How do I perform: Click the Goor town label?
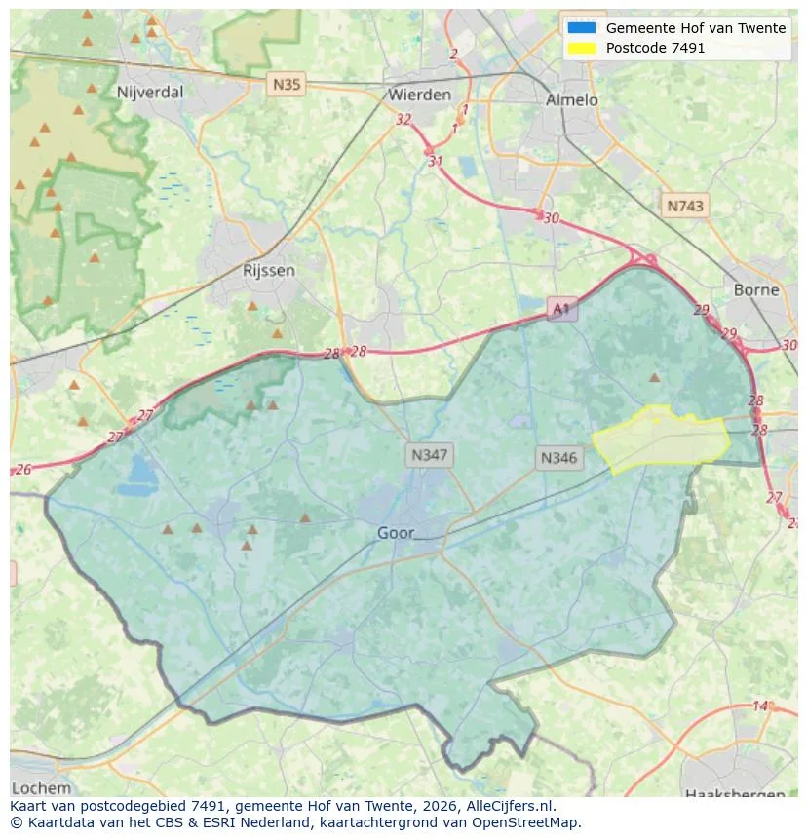tap(396, 533)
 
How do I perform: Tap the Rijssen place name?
tap(268, 271)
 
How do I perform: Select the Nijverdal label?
tap(149, 93)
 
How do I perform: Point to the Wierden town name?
tap(419, 95)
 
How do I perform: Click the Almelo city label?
tap(571, 99)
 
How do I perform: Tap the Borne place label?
tap(756, 289)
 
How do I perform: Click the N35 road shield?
tap(287, 85)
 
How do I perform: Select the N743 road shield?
tap(684, 206)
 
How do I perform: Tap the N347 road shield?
tap(429, 454)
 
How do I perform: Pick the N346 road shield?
tap(558, 457)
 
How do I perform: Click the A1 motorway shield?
tap(560, 309)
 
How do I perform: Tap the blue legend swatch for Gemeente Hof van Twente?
tap(582, 28)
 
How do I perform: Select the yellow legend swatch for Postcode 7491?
tap(582, 48)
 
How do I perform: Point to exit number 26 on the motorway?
tap(23, 470)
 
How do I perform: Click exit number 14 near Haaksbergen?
tap(760, 706)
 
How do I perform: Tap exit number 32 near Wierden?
tap(403, 119)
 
